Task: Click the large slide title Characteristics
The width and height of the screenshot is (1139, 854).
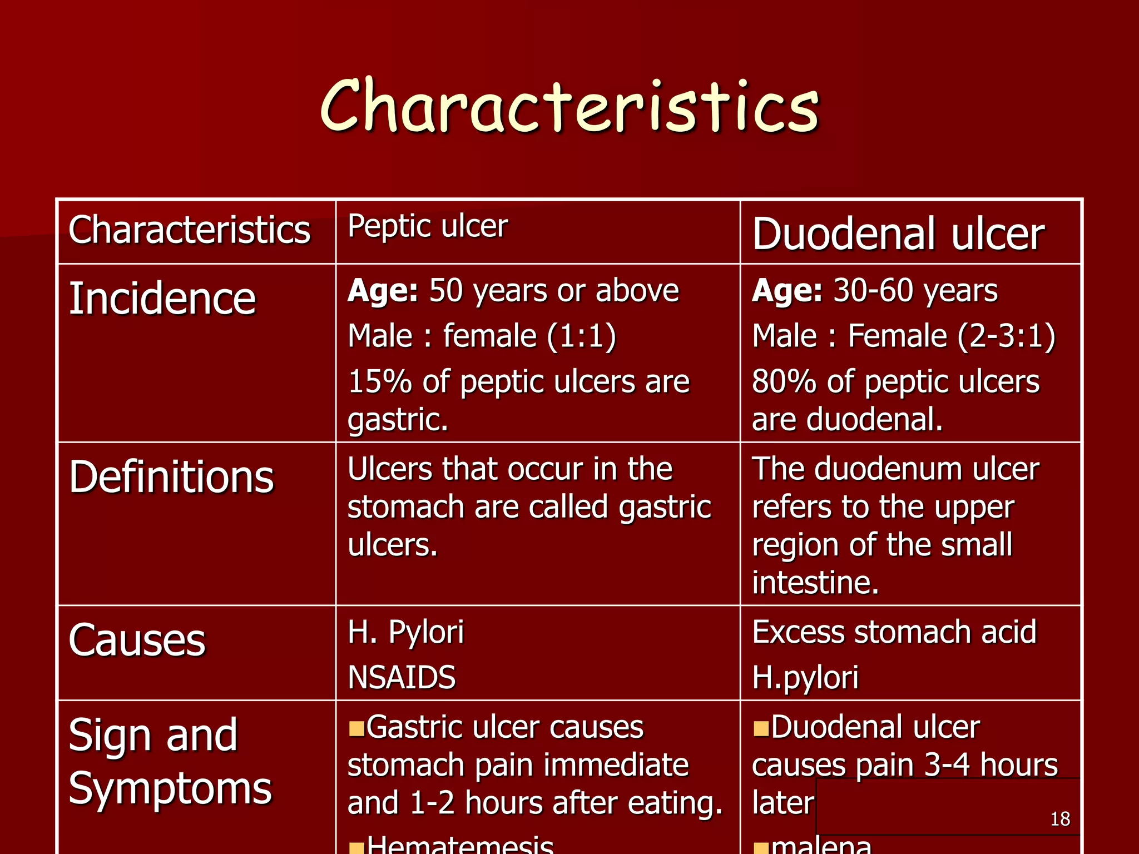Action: click(569, 107)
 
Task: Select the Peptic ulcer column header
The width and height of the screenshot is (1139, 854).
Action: click(427, 226)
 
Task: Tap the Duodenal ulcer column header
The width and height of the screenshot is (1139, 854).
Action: click(898, 234)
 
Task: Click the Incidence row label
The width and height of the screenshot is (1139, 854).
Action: click(162, 299)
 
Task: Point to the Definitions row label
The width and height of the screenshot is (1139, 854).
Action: click(171, 477)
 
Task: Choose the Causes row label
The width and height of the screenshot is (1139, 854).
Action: click(137, 640)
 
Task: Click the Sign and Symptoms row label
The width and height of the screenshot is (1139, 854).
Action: click(170, 761)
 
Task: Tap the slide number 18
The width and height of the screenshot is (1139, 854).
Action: click(1060, 819)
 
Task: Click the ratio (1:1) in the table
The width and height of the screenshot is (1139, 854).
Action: click(582, 336)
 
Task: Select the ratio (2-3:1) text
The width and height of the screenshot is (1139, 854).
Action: click(1007, 336)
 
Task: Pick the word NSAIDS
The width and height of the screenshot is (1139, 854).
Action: click(402, 677)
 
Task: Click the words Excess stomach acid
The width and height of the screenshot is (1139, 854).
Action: click(894, 632)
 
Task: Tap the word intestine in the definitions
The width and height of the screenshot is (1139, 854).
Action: click(815, 583)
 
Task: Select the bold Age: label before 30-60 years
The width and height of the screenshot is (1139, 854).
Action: click(786, 291)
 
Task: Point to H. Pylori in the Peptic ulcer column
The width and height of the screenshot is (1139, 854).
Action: click(405, 632)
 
